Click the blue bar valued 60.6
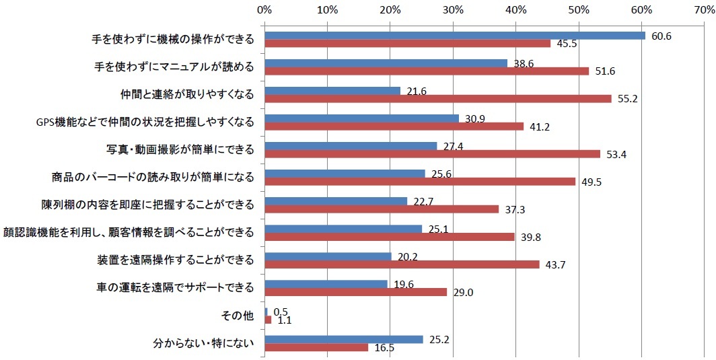(455, 36)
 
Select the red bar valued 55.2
(438, 98)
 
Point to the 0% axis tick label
(264, 10)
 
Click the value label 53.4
(616, 154)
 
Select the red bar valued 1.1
(268, 320)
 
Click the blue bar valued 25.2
(344, 339)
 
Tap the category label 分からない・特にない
(205, 343)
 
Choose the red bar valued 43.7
(402, 264)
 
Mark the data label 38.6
(522, 62)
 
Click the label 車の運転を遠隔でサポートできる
(176, 288)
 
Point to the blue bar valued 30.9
(362, 118)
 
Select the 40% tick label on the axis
(516, 10)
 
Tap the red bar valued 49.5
(421, 181)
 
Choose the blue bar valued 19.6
(326, 284)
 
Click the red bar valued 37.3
(382, 209)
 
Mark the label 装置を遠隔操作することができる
(176, 260)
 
